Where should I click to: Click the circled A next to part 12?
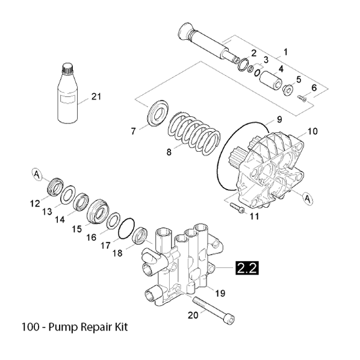click(37, 175)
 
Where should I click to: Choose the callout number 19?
click(220, 293)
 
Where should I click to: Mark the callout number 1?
click(286, 51)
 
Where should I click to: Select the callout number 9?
click(279, 119)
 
